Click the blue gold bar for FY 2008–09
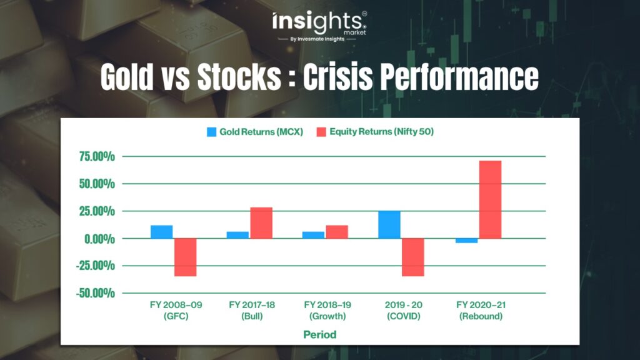click(x=162, y=232)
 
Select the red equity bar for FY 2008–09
click(x=185, y=257)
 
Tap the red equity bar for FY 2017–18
click(x=261, y=223)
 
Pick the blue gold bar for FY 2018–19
click(x=314, y=235)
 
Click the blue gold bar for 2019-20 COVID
click(x=389, y=225)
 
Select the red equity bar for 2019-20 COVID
click(x=413, y=257)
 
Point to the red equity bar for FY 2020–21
click(x=490, y=199)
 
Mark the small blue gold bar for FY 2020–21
click(x=466, y=241)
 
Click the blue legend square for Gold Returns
click(x=211, y=132)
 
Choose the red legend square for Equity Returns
click(x=321, y=132)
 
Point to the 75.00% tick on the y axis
click(x=97, y=156)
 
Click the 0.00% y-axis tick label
click(x=99, y=239)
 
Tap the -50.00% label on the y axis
click(x=96, y=293)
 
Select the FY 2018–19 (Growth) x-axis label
click(x=327, y=310)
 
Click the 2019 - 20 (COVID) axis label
click(x=403, y=310)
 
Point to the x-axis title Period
click(x=320, y=335)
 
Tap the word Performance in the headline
click(x=459, y=76)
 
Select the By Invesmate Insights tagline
click(x=317, y=39)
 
